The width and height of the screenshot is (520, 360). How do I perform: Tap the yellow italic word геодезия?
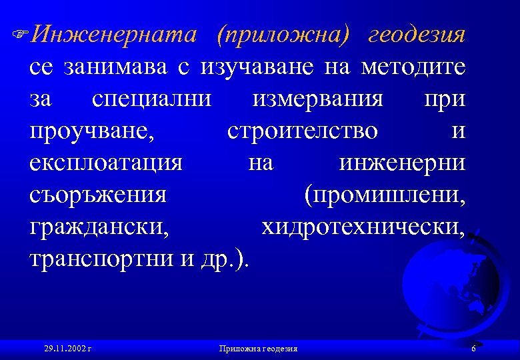click(x=417, y=35)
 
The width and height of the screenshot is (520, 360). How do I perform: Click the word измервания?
click(x=319, y=99)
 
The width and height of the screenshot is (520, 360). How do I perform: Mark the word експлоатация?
click(x=106, y=163)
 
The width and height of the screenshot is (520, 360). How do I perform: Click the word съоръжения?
click(x=98, y=195)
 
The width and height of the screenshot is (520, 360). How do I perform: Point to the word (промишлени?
click(x=385, y=195)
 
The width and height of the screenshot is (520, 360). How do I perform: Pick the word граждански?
click(x=99, y=227)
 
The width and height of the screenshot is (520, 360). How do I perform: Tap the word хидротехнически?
click(x=363, y=227)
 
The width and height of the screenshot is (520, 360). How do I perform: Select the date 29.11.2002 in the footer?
click(x=67, y=349)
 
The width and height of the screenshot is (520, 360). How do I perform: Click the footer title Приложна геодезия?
click(x=258, y=349)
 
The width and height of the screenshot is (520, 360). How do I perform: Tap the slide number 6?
click(x=473, y=349)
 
